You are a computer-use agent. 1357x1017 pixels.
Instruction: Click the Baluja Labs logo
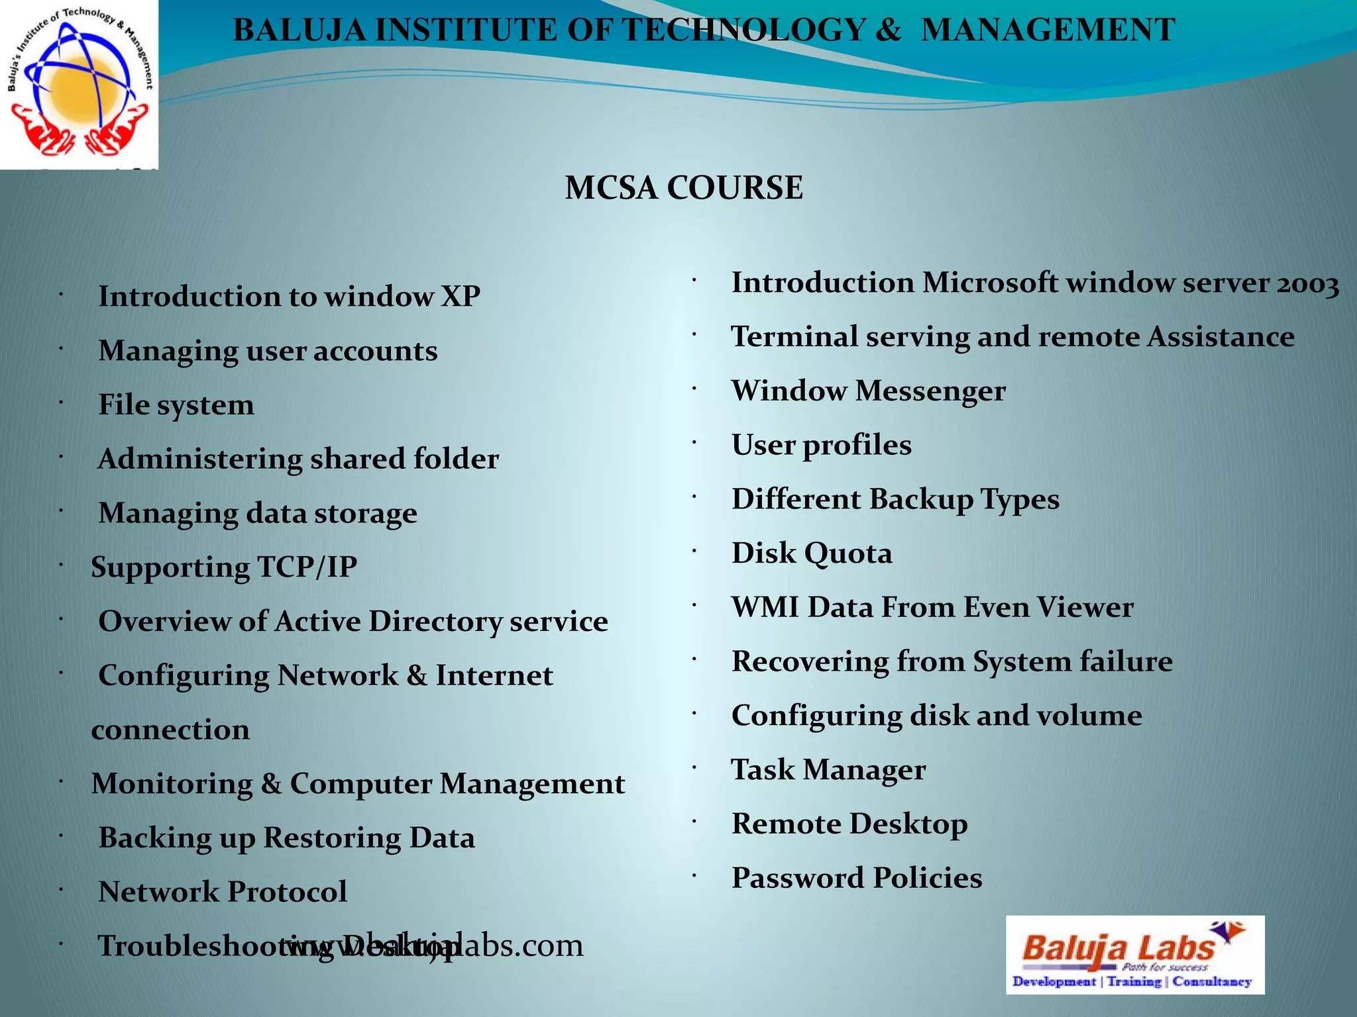click(1134, 954)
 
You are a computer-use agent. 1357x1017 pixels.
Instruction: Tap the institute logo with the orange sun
click(78, 85)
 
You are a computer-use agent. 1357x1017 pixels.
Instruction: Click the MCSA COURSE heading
click(684, 187)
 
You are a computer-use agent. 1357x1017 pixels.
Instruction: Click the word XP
click(461, 296)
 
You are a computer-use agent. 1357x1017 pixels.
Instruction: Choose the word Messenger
click(930, 391)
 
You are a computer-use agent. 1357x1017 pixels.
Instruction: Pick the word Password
click(797, 878)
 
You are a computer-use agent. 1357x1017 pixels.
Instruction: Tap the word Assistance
click(1221, 337)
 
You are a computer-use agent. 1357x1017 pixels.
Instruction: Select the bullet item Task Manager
click(828, 770)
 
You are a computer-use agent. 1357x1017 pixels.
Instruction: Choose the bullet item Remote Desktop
click(849, 824)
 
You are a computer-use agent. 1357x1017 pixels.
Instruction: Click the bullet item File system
click(176, 405)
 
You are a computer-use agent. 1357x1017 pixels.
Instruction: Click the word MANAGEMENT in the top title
click(1048, 30)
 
